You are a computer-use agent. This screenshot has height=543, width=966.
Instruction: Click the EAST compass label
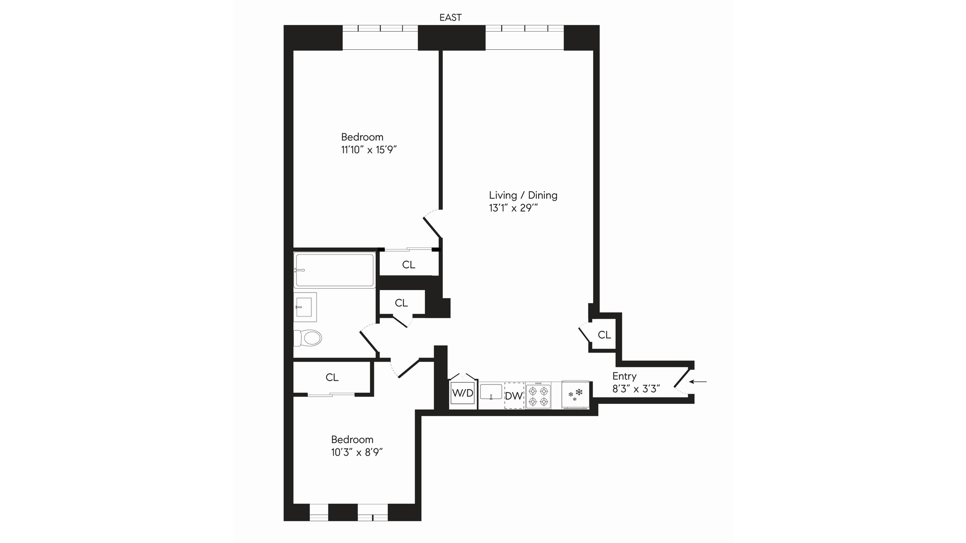click(x=450, y=18)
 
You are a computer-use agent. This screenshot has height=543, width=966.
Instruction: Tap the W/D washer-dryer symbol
click(x=462, y=393)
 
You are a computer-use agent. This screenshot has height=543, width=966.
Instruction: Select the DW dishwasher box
click(x=514, y=396)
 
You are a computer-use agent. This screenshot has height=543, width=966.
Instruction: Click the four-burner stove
click(x=538, y=396)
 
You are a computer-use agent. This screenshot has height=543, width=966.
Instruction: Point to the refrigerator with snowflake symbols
click(x=575, y=395)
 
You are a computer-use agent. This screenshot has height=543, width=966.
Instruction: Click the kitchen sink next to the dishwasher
click(x=491, y=392)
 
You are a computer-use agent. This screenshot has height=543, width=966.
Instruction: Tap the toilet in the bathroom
click(x=308, y=338)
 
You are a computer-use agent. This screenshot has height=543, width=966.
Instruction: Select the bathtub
click(x=335, y=270)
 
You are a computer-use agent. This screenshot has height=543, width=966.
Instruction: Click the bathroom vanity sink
click(x=305, y=307)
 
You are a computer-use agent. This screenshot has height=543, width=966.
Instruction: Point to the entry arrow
click(x=698, y=382)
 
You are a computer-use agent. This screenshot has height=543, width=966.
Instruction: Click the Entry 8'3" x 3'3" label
click(x=635, y=382)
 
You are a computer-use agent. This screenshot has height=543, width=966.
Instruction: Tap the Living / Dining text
click(x=523, y=195)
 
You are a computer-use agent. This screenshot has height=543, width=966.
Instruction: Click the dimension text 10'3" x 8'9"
click(x=357, y=452)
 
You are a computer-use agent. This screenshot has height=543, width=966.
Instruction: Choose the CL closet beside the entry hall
click(x=604, y=335)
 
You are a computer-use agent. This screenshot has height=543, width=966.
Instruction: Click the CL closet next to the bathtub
click(x=409, y=264)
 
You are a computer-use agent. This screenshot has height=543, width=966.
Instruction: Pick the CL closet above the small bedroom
click(x=332, y=377)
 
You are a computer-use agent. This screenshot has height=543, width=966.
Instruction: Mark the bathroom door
click(x=369, y=339)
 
